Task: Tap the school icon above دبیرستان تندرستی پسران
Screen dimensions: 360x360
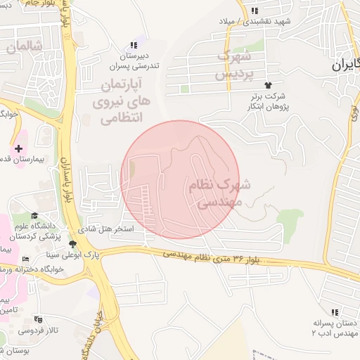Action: coord(134,45)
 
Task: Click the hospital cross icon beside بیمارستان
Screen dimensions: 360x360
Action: coord(19,148)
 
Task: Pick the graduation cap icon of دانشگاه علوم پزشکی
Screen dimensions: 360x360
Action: coord(34,215)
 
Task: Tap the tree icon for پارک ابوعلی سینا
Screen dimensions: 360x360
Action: coord(72,244)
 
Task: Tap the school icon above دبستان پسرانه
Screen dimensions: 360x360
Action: coord(335,311)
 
